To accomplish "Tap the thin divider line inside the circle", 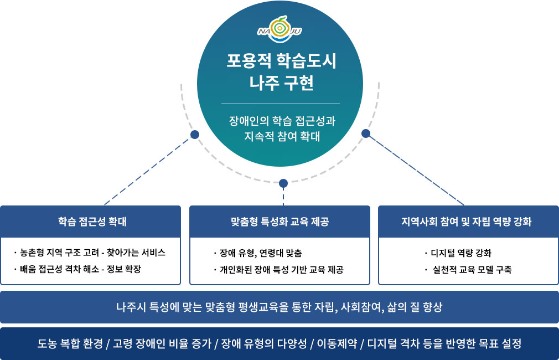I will [x=281, y=103].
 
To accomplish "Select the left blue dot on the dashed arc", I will [x=194, y=135].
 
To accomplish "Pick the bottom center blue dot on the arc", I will [x=283, y=183].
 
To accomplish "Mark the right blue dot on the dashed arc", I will [x=365, y=133].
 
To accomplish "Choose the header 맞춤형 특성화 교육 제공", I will [x=279, y=222].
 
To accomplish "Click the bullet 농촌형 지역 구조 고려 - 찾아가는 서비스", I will [x=92, y=253].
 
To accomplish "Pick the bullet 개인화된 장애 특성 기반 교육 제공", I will [x=280, y=270].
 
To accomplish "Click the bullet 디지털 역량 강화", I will [x=461, y=253].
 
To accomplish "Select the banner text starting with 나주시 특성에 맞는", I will [x=279, y=307].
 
